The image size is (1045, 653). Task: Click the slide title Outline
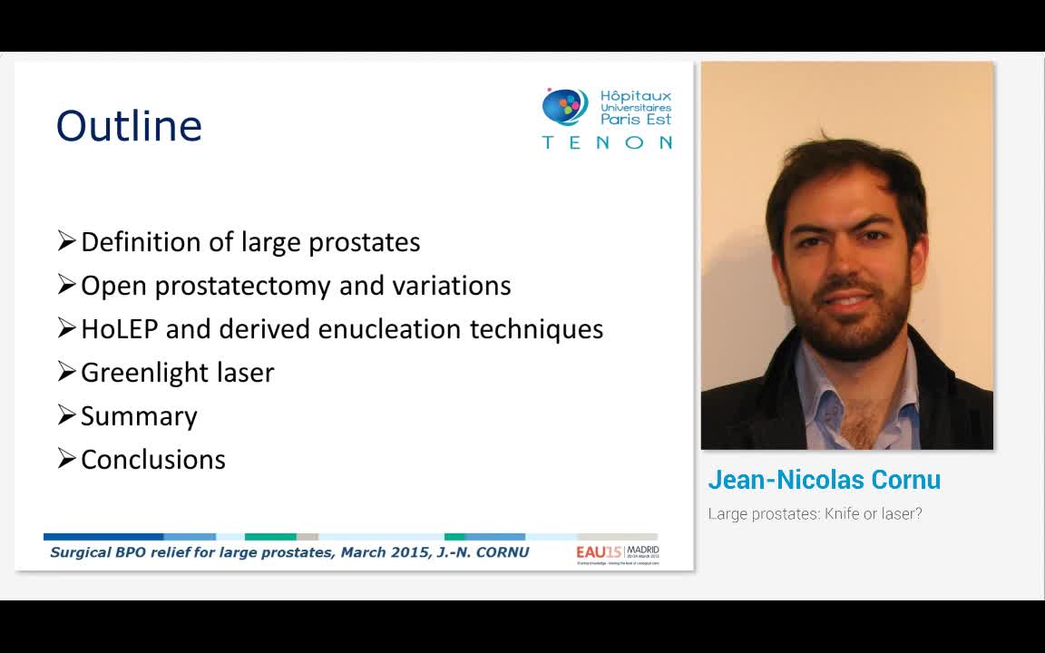pyautogui.click(x=129, y=126)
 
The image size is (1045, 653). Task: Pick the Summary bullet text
pyautogui.click(x=139, y=416)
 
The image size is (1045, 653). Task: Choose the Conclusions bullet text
pyautogui.click(x=152, y=460)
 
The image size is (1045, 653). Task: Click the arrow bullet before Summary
pyautogui.click(x=66, y=415)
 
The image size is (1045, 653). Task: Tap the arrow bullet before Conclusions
pyautogui.click(x=66, y=459)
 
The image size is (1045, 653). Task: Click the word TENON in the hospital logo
pyautogui.click(x=607, y=142)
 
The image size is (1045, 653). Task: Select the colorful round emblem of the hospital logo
pyautogui.click(x=564, y=107)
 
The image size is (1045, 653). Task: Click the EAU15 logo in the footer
pyautogui.click(x=593, y=551)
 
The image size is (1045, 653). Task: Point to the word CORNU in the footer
pyautogui.click(x=501, y=552)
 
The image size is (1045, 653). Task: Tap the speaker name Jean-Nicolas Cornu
pyautogui.click(x=824, y=480)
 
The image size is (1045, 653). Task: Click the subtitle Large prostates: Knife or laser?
pyautogui.click(x=815, y=514)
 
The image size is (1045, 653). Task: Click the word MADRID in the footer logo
pyautogui.click(x=642, y=549)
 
